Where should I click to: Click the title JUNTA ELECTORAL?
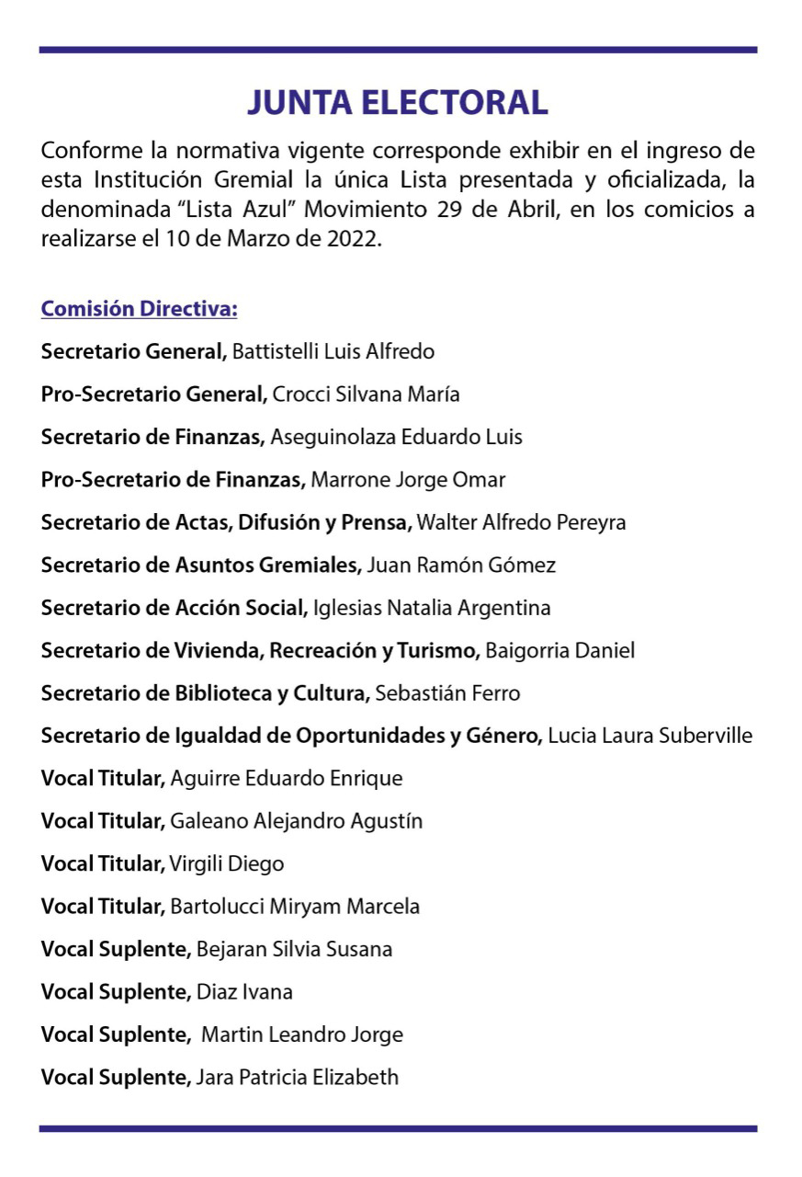[x=397, y=102]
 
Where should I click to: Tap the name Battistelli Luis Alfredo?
[x=333, y=351]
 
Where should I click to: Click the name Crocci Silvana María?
[x=366, y=394]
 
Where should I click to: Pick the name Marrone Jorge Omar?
[x=409, y=480]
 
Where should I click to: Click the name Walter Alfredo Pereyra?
[x=522, y=522]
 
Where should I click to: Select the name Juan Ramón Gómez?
[x=461, y=566]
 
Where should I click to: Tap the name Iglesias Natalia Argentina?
[x=432, y=608]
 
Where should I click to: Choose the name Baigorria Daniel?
[x=559, y=651]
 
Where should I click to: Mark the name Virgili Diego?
[x=227, y=864]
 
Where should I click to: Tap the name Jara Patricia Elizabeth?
[x=298, y=1078]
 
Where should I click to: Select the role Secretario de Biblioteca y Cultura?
[x=205, y=693]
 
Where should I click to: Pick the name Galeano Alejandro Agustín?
[x=297, y=821]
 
